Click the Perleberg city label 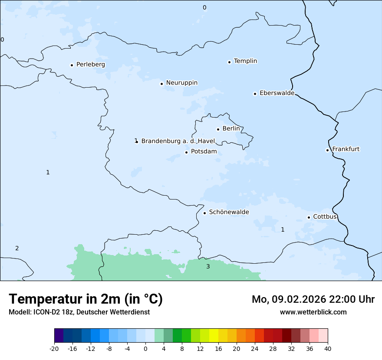pyautogui.click(x=90, y=65)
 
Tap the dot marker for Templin pyautogui.click(x=229, y=62)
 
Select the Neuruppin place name pyautogui.click(x=181, y=83)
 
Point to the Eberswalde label pyautogui.click(x=277, y=93)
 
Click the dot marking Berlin pyautogui.click(x=218, y=129)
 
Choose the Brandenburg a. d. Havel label pyautogui.click(x=178, y=141)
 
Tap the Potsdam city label pyautogui.click(x=204, y=151)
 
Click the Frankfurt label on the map pyautogui.click(x=346, y=149)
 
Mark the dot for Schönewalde pyautogui.click(x=204, y=213)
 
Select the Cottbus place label pyautogui.click(x=325, y=216)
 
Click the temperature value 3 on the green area pyautogui.click(x=208, y=266)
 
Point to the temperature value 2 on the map pyautogui.click(x=17, y=248)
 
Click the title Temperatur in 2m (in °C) pyautogui.click(x=86, y=299)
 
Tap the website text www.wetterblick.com pyautogui.click(x=313, y=312)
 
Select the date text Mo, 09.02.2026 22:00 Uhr pyautogui.click(x=313, y=299)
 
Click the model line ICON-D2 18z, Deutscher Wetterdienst pyautogui.click(x=79, y=312)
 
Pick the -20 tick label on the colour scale pyautogui.click(x=54, y=349)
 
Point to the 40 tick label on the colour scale pyautogui.click(x=328, y=349)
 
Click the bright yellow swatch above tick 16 pyautogui.click(x=214, y=336)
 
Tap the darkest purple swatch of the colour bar pyautogui.click(x=59, y=336)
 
